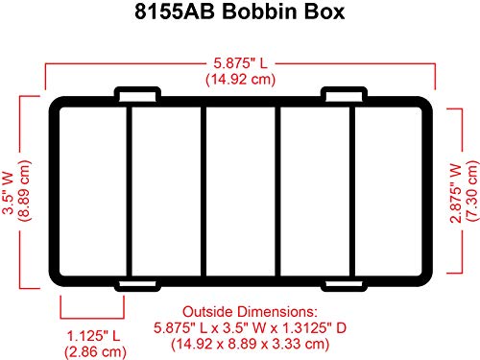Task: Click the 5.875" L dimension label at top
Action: [239, 64]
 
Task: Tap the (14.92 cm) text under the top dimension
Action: [239, 80]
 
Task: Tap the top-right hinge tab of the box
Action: [342, 95]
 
